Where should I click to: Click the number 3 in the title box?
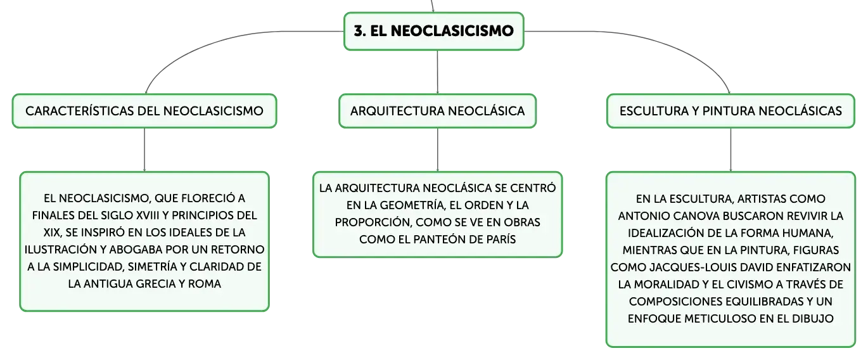(359, 31)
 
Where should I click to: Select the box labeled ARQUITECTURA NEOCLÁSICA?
(438, 111)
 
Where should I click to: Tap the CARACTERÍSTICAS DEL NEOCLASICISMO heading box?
(144, 111)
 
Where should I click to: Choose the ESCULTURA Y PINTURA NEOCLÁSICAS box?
(731, 111)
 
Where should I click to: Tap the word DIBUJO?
(813, 319)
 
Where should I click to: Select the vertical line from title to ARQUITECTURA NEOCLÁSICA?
(438, 72)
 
